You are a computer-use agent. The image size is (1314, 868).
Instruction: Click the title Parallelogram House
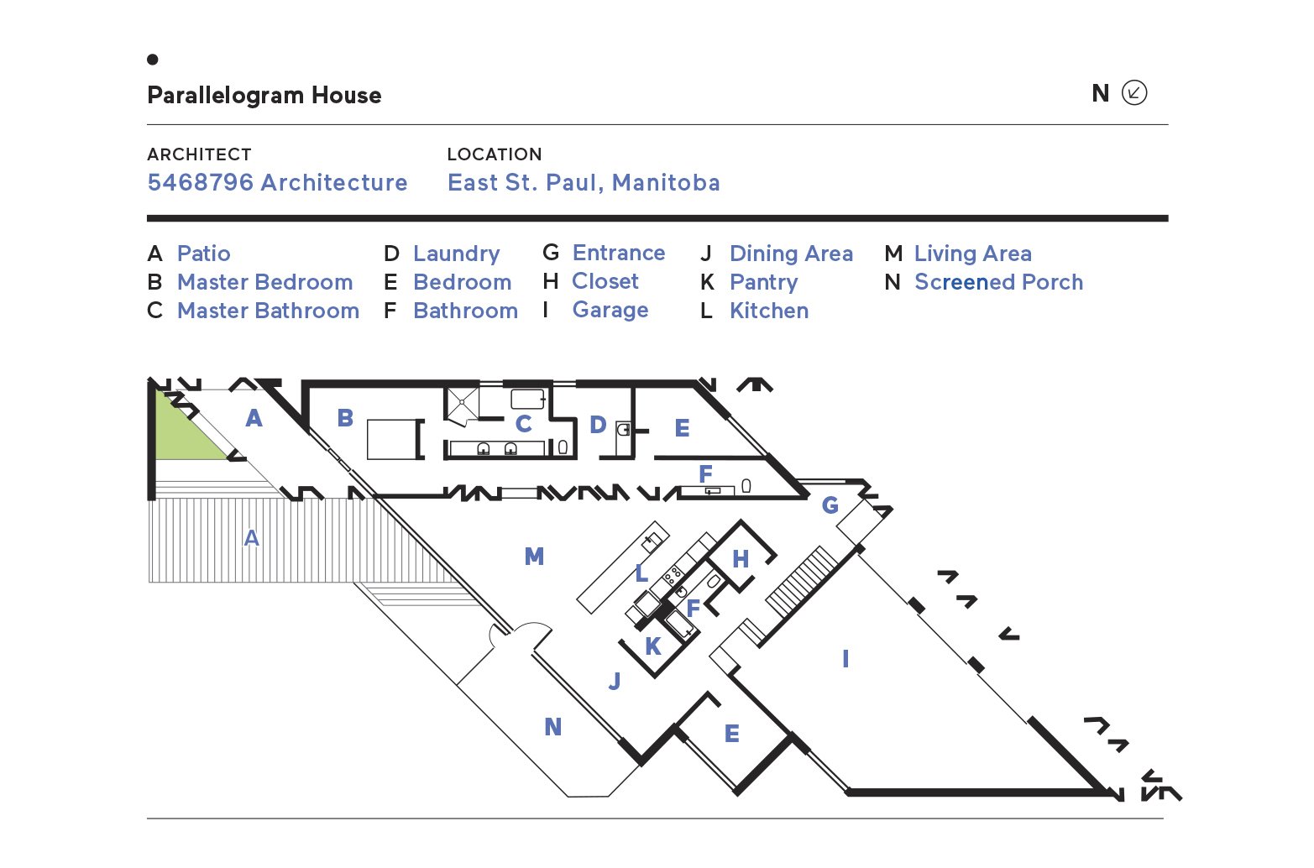click(264, 95)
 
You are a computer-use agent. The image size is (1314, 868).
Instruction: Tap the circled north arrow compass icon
click(1133, 92)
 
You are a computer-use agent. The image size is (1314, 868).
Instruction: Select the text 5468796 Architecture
click(277, 182)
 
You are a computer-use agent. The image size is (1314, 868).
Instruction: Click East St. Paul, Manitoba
click(584, 182)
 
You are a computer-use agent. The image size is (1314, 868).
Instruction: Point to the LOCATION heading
click(494, 154)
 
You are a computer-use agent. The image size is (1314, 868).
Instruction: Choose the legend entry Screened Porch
click(998, 282)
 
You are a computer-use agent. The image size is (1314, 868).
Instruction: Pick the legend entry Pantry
click(763, 282)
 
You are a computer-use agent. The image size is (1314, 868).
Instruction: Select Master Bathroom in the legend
click(268, 311)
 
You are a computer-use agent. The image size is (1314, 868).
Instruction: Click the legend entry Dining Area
click(791, 254)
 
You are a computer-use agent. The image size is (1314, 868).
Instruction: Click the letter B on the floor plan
click(345, 417)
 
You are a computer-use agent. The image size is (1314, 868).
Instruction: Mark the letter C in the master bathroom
click(523, 424)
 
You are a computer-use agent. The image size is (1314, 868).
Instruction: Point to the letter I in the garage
click(845, 659)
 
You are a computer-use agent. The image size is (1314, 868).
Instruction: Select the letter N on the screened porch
click(552, 727)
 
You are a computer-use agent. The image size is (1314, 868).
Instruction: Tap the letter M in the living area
click(534, 557)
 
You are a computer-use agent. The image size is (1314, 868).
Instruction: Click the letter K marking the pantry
click(653, 646)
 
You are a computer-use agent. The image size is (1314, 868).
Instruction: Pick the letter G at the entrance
click(830, 505)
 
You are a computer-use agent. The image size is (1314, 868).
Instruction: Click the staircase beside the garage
click(802, 581)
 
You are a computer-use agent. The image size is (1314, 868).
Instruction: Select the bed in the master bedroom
click(392, 439)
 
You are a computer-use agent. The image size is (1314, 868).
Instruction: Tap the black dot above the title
click(152, 60)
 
